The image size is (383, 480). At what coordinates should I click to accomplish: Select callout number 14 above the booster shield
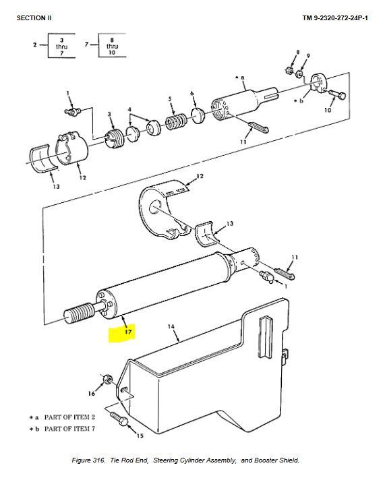[x=171, y=326]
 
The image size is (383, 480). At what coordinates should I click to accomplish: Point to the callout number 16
[x=92, y=393]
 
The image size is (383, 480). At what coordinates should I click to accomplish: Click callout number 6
[x=192, y=93]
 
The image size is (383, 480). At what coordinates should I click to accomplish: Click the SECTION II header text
[x=33, y=18]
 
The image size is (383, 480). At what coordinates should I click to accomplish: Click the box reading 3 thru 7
[x=62, y=47]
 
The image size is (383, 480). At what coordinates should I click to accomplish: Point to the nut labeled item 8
[x=287, y=69]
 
